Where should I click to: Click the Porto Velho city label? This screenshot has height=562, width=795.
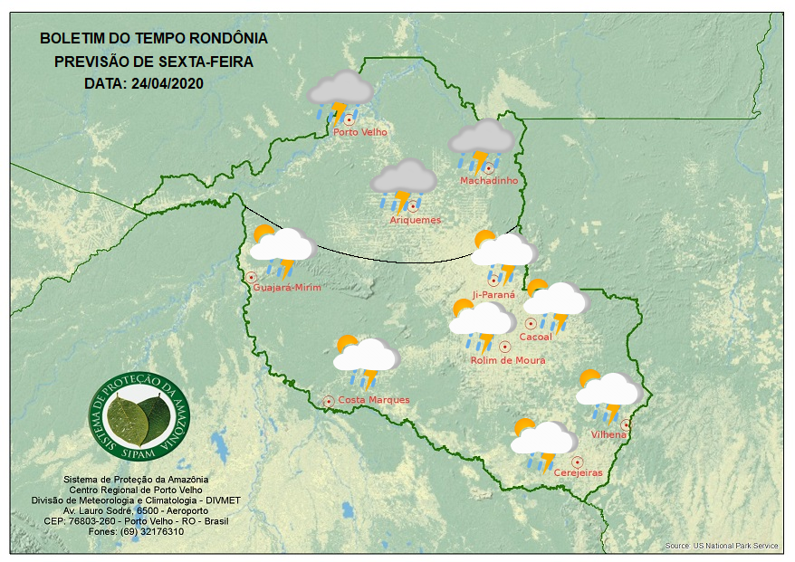point(360,132)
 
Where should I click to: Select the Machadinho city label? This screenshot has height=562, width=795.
point(489,181)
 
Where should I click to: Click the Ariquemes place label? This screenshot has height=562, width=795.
point(416,220)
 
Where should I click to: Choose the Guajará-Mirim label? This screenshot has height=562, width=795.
point(288,288)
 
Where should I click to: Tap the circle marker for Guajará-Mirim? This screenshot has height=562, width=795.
point(252,277)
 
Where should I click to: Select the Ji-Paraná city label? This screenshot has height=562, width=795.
point(494,294)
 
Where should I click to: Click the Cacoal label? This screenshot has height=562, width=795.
point(535,337)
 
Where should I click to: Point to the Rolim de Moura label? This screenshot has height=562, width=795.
point(508,360)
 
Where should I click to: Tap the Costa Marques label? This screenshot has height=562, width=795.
point(374,400)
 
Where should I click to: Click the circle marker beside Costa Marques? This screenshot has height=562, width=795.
point(329,400)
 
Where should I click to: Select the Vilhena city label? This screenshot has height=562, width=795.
point(608,434)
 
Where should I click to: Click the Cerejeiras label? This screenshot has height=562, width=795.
point(578,473)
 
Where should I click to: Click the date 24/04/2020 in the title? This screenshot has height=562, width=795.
point(167,83)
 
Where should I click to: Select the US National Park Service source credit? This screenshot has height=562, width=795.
point(722,547)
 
